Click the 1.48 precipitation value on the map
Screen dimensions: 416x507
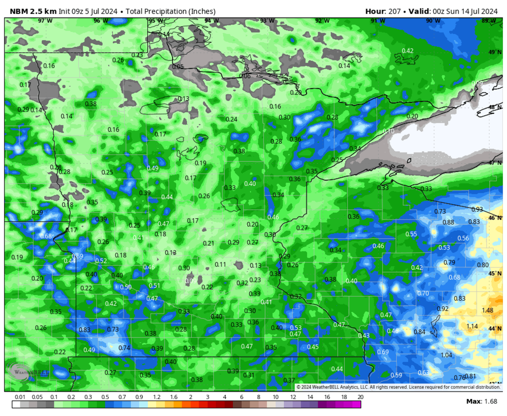[488, 310]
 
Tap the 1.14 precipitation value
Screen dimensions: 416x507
[472, 326]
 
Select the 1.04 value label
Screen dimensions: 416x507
[447, 355]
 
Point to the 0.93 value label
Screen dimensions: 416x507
[477, 209]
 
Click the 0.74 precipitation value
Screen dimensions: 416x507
[124, 348]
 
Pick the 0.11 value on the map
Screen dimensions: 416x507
[221, 264]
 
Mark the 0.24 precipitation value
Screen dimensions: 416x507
[232, 120]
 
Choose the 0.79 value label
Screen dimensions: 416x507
[450, 263]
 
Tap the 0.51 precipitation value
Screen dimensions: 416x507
[155, 286]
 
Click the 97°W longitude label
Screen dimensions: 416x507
[45, 21]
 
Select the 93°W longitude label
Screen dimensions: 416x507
[267, 21]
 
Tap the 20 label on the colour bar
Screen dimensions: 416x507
[360, 397]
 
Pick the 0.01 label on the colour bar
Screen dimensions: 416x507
[19, 397]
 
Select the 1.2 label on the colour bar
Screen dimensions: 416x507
[157, 397]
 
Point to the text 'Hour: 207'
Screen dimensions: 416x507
[382, 11]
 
